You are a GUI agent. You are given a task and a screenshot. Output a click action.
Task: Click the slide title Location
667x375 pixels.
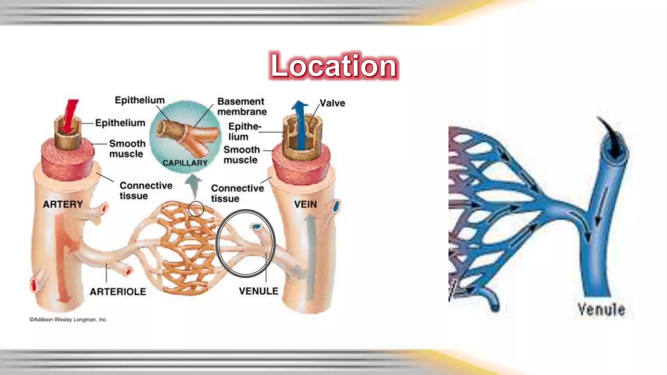click(333, 65)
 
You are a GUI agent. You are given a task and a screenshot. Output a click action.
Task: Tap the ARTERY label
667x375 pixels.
click(63, 204)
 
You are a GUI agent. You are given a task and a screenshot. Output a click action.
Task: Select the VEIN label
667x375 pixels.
click(305, 204)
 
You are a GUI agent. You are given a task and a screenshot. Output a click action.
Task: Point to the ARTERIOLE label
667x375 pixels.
click(118, 292)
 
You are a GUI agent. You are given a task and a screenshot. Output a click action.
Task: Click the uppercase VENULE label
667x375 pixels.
click(259, 291)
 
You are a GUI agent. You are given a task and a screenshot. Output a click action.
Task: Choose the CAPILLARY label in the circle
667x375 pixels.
click(185, 163)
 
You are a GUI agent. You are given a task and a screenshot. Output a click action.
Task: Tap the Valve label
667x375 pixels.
click(332, 103)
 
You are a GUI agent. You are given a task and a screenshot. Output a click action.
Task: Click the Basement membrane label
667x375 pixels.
click(242, 106)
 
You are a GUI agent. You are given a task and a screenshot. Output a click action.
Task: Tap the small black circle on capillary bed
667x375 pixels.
click(196, 209)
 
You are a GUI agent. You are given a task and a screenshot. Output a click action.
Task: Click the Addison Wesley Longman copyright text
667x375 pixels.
click(68, 320)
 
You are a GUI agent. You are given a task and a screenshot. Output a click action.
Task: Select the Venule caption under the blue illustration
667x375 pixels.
click(601, 309)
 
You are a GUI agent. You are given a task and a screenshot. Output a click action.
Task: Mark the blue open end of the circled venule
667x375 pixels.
click(257, 226)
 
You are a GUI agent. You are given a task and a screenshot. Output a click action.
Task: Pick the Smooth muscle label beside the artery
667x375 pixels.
click(127, 148)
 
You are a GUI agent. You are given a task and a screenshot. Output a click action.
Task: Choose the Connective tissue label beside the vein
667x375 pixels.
click(237, 193)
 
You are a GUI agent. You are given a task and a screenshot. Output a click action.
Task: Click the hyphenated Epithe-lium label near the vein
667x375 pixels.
click(244, 132)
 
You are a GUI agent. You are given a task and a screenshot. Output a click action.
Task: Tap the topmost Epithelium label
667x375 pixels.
click(140, 100)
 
